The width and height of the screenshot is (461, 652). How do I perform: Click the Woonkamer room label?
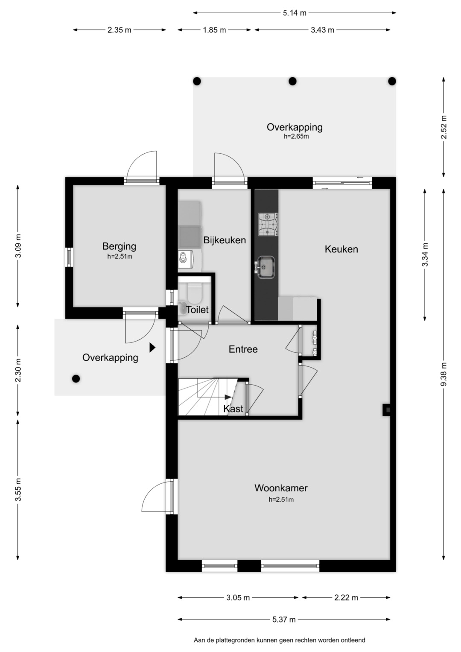(x=281, y=488)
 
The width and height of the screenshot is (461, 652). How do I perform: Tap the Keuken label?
(x=341, y=249)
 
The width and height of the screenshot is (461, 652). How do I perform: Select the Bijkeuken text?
(x=225, y=240)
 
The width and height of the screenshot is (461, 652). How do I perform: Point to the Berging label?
(x=120, y=246)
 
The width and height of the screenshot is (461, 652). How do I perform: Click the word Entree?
(x=243, y=349)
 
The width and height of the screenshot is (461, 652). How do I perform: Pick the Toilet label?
(x=197, y=310)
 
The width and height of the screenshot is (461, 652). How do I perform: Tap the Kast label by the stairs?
(x=233, y=409)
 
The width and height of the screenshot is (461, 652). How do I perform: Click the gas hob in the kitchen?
(x=268, y=224)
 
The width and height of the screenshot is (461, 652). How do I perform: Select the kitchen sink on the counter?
(x=266, y=267)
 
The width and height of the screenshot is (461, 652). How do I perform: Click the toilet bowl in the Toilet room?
(x=195, y=293)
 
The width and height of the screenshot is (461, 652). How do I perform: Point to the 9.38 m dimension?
(x=443, y=374)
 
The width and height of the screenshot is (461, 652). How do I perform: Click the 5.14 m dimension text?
(x=295, y=13)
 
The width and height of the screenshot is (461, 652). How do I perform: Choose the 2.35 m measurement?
(x=120, y=30)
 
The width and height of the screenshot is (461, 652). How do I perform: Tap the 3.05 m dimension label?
(x=238, y=598)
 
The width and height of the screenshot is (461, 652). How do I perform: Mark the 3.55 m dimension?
(x=18, y=490)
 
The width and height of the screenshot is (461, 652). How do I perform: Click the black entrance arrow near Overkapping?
(x=152, y=348)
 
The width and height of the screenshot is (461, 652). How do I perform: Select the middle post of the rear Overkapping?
(x=292, y=81)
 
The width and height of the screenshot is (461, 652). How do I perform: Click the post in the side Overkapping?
(x=76, y=378)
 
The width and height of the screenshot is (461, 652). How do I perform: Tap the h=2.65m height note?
(x=296, y=136)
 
